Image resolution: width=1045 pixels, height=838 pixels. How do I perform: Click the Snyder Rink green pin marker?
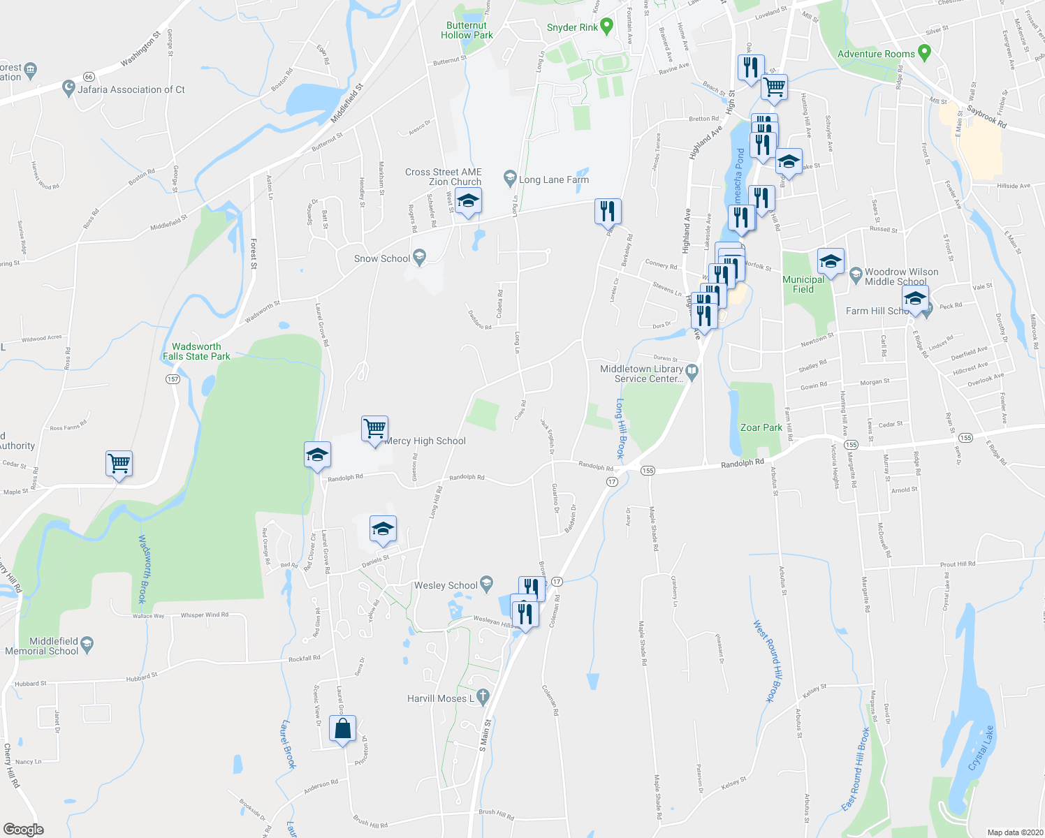pyautogui.click(x=606, y=27)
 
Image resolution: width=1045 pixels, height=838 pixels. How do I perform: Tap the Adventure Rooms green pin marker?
pyautogui.click(x=925, y=52)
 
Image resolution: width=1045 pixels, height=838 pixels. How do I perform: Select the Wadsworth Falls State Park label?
pyautogui.click(x=196, y=351)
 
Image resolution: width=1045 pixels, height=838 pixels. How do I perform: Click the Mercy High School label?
pyautogui.click(x=425, y=441)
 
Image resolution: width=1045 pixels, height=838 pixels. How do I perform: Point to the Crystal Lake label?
pyautogui.click(x=981, y=749)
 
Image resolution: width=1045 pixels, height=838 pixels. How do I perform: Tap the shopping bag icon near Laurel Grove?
pyautogui.click(x=342, y=729)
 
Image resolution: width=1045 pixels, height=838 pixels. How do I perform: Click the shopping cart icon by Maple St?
pyautogui.click(x=119, y=463)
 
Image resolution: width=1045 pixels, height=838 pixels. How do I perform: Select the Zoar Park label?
pyautogui.click(x=761, y=427)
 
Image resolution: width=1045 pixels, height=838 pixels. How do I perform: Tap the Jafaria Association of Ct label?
pyautogui.click(x=131, y=89)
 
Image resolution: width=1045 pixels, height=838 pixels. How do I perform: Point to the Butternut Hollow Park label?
pyautogui.click(x=467, y=30)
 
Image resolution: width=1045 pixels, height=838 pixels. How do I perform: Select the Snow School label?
pyautogui.click(x=382, y=258)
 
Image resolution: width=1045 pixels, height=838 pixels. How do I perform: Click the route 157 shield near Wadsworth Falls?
pyautogui.click(x=173, y=379)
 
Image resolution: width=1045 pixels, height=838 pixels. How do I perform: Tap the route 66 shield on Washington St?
pyautogui.click(x=88, y=76)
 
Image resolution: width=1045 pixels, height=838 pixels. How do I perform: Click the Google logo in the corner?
pyautogui.click(x=23, y=829)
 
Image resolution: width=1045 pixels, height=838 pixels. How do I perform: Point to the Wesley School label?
pyautogui.click(x=446, y=585)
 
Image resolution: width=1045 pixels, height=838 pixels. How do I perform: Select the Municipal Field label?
pyautogui.click(x=803, y=284)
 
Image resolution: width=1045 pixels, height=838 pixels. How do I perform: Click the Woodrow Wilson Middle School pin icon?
pyautogui.click(x=856, y=275)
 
